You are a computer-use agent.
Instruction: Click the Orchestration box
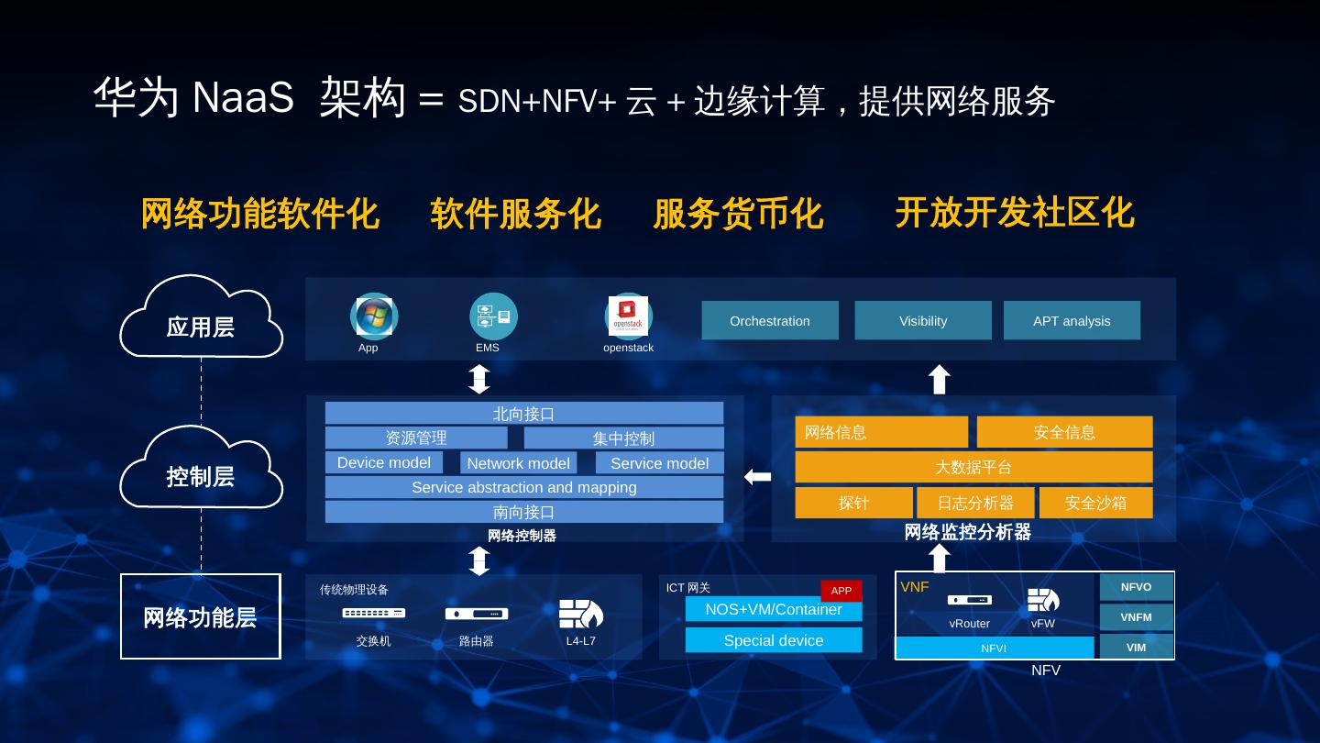[770, 321]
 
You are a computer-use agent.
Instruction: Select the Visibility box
[923, 321]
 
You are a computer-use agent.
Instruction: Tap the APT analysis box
[1072, 321]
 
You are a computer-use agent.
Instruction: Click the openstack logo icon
[628, 316]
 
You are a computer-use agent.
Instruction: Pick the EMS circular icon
[493, 316]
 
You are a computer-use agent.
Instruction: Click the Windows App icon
[374, 316]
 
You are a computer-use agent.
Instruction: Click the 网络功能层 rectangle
[201, 616]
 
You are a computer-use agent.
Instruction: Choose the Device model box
[384, 462]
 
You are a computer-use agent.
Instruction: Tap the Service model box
[659, 463]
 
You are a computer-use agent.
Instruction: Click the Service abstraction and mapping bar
[523, 487]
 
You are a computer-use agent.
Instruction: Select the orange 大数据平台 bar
[973, 467]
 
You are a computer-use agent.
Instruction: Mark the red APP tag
[841, 591]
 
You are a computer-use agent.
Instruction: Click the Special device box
[774, 640]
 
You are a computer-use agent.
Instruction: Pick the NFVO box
[1136, 587]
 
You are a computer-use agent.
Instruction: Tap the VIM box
[1136, 647]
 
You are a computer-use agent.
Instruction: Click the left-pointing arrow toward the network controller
[757, 476]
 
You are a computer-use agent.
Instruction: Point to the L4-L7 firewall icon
[580, 614]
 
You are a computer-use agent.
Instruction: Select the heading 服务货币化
[738, 214]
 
